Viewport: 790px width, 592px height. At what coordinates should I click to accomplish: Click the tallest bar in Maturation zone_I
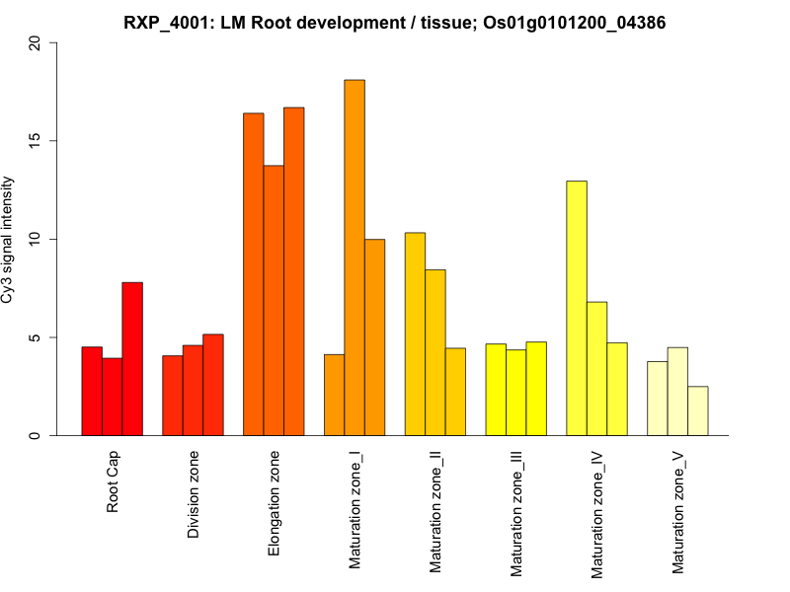pos(355,258)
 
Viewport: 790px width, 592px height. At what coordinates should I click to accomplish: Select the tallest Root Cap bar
pos(132,359)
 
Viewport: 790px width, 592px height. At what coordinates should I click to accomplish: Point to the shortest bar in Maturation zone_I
pos(334,395)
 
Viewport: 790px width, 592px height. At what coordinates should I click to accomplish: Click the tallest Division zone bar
pos(213,385)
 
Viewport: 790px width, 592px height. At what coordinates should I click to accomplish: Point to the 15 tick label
pos(37,141)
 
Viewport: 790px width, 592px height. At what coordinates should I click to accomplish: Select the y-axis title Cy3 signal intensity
pos(10,240)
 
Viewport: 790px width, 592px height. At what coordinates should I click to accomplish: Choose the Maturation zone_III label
pos(515,512)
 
